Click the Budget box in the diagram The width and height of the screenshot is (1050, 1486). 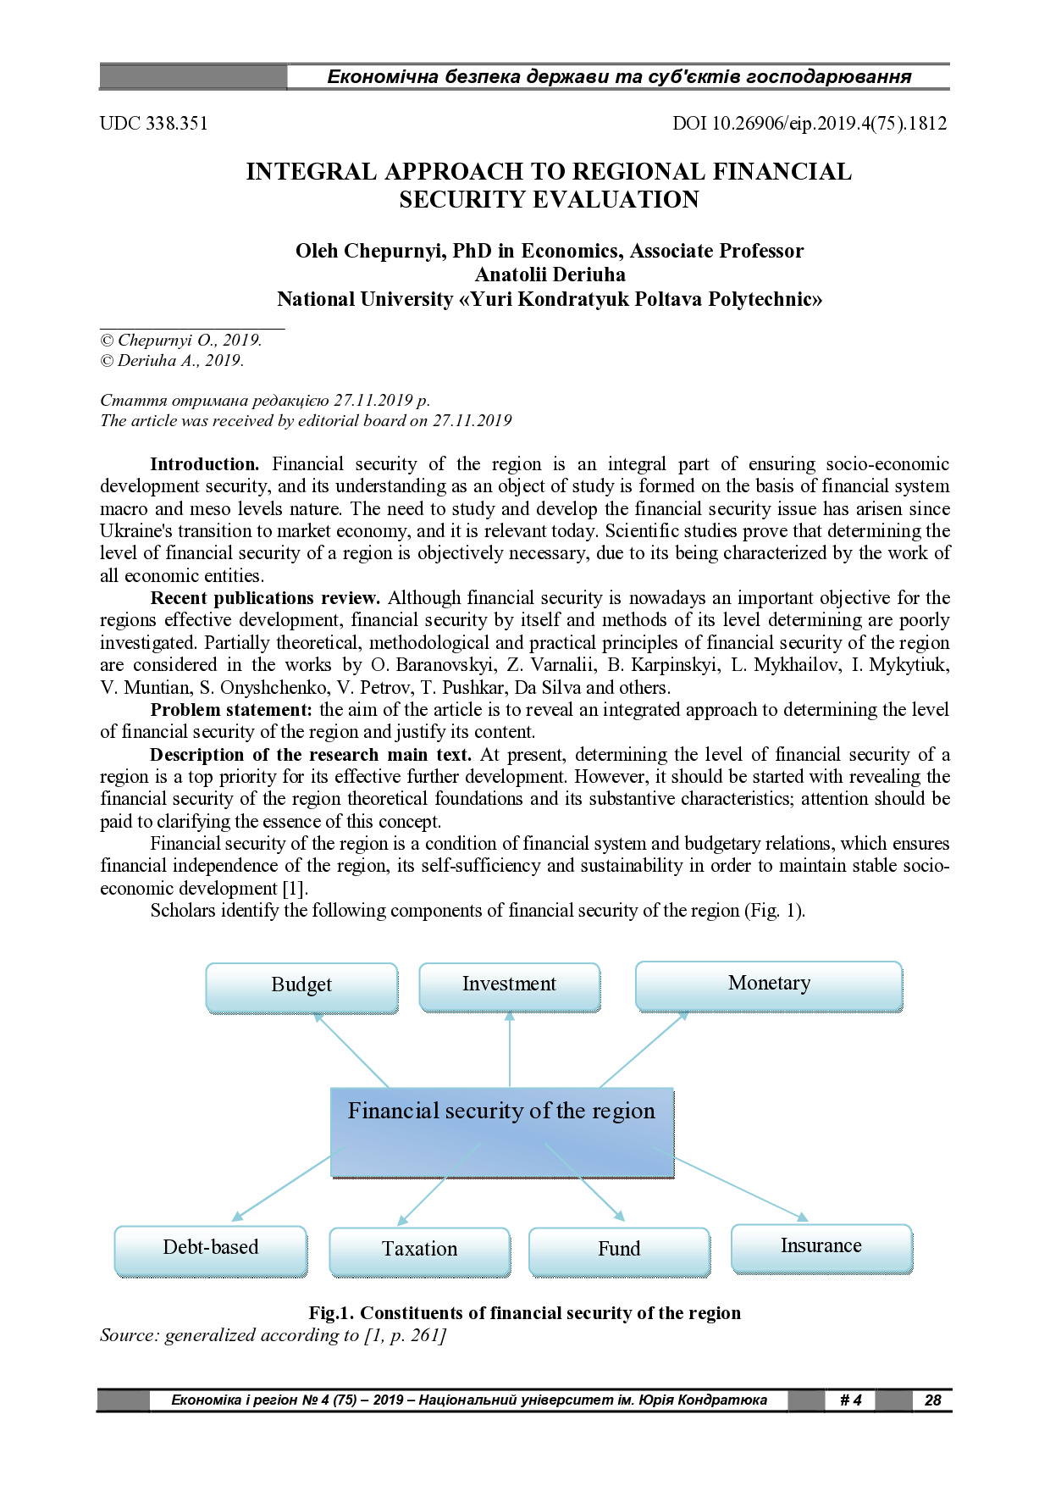301,987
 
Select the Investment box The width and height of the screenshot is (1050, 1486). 510,986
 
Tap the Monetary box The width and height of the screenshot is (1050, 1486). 769,985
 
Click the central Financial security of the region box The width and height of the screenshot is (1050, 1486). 502,1132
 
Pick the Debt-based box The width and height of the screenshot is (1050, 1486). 211,1250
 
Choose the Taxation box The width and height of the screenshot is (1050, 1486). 420,1251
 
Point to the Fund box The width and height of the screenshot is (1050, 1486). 619,1251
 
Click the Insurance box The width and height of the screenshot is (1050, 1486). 821,1248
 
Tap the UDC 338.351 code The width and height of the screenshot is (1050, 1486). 153,124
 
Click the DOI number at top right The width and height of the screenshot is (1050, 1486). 809,124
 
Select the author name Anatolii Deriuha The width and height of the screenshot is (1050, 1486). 550,275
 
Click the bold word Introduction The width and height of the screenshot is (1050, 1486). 204,464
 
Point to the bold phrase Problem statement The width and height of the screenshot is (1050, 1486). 231,710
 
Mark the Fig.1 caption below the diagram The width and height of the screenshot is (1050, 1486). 524,1313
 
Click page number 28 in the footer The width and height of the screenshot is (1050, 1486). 932,1400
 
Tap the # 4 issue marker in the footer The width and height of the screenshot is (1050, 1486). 850,1400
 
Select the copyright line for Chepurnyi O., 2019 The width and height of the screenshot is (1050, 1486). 181,341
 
